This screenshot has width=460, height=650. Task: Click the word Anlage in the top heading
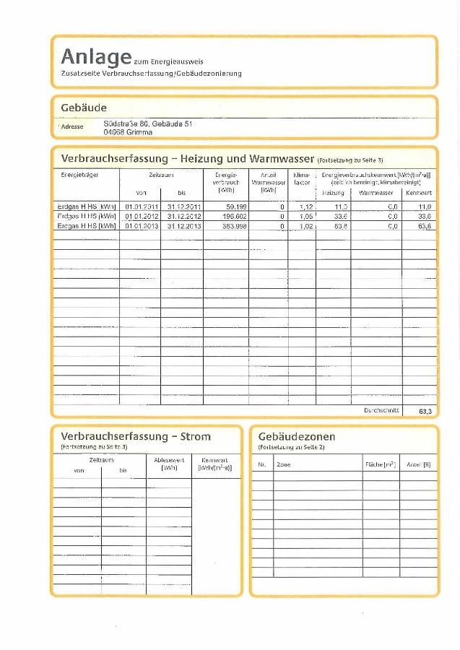click(96, 56)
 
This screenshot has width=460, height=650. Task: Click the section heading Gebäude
click(84, 108)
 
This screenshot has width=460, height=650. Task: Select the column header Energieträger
click(74, 175)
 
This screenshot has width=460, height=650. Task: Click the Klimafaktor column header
click(302, 179)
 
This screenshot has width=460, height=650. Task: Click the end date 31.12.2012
click(183, 216)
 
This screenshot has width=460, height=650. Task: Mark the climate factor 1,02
click(305, 226)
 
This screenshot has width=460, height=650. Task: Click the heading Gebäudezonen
click(297, 436)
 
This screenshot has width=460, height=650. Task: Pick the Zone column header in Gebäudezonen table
click(284, 464)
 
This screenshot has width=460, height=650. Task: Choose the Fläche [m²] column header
click(380, 464)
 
